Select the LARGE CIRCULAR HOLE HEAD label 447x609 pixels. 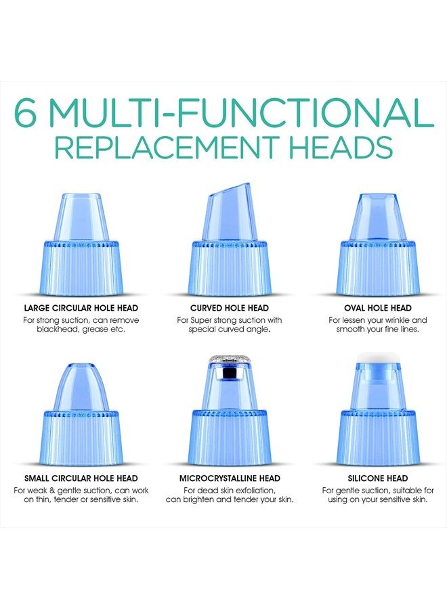81,308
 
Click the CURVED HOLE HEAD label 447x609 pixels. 230,308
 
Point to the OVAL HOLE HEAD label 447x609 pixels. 378,308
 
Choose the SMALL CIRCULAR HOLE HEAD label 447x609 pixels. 81,478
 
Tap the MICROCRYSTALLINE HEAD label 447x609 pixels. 230,478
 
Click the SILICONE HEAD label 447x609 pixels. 378,478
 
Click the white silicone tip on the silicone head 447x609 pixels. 378,357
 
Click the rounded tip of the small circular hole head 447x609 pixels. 81,369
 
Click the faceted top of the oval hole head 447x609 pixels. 378,203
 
